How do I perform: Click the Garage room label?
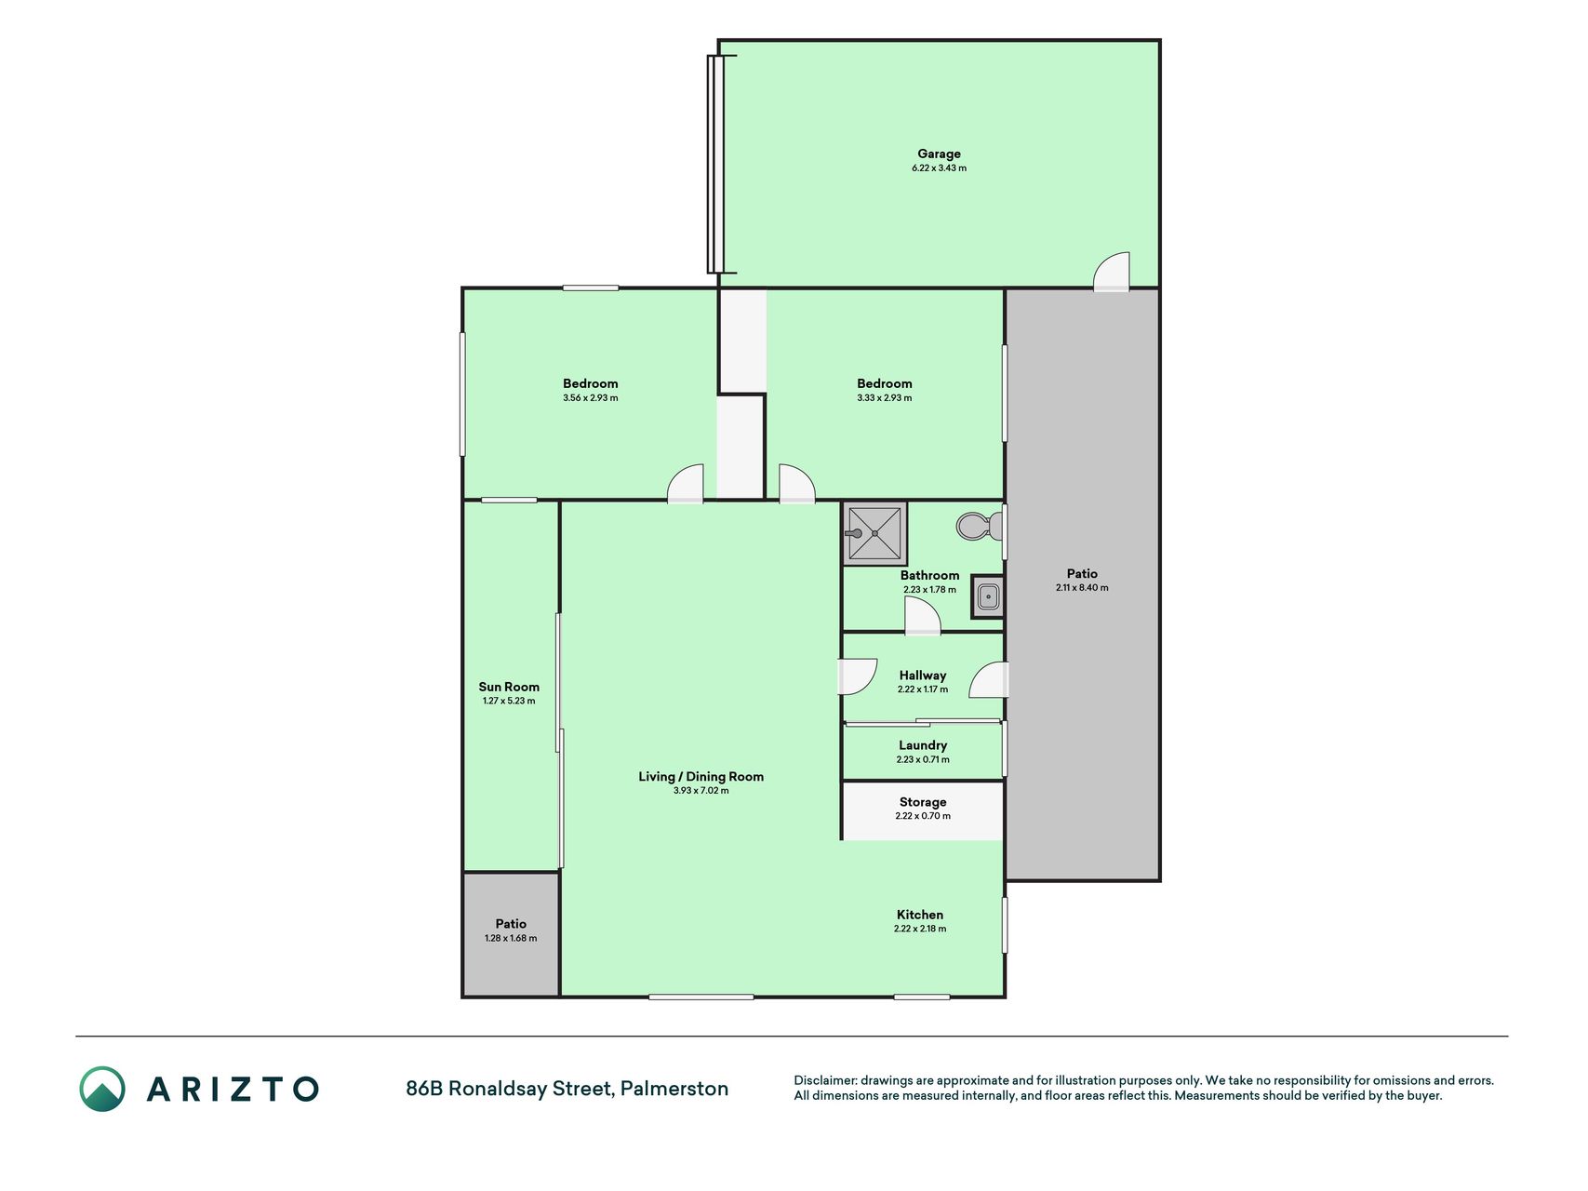(939, 154)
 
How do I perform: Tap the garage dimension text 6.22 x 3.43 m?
(939, 168)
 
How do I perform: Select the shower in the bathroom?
(874, 533)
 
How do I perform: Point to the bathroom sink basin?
(988, 596)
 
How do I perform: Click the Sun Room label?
(509, 687)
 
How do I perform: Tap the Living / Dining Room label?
(701, 776)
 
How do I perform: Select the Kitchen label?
(920, 915)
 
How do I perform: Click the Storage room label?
(923, 802)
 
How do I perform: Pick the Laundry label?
(923, 745)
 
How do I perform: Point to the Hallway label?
(923, 676)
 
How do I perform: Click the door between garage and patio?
(1112, 271)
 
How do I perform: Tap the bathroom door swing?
(922, 615)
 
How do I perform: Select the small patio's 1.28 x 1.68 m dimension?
(511, 938)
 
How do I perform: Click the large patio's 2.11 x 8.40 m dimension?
(1082, 588)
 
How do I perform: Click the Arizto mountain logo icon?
(102, 1089)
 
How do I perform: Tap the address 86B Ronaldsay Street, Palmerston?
(567, 1089)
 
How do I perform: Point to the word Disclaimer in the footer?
(824, 1080)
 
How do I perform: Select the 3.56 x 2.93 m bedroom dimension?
(591, 398)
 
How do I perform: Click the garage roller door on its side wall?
(716, 165)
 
